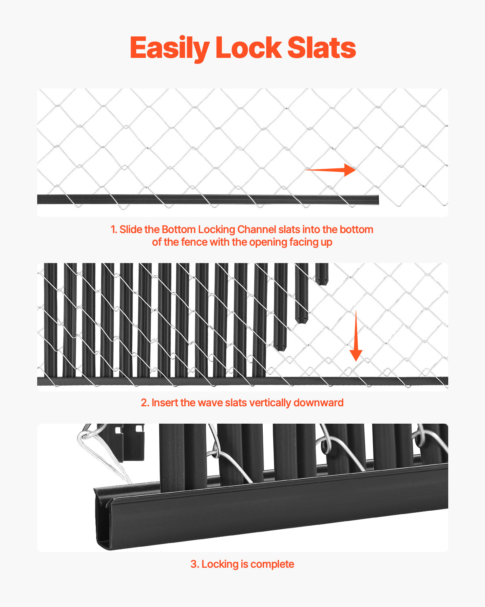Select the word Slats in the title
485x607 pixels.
coord(322,48)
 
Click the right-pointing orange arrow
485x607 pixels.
coord(331,170)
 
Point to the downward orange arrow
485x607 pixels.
coord(356,336)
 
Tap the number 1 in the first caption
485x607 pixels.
coord(113,230)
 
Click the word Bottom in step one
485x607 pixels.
coord(178,230)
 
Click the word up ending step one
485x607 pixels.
coord(327,243)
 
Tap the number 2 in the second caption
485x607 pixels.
coord(144,403)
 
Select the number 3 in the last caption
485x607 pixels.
coord(194,565)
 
